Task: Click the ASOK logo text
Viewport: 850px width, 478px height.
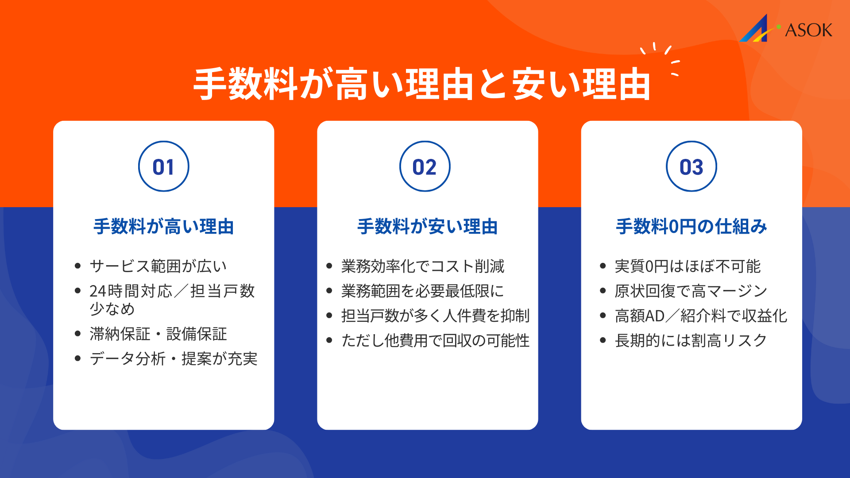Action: click(x=808, y=30)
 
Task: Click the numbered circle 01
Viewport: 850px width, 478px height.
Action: click(x=163, y=166)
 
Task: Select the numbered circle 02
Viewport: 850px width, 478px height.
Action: click(x=425, y=166)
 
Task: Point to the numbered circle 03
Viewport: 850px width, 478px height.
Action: click(x=691, y=166)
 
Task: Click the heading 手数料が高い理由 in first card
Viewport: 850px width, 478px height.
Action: click(x=163, y=227)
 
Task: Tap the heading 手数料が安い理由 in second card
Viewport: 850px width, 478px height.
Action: click(x=427, y=227)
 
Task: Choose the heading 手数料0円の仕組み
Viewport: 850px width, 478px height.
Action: click(x=691, y=227)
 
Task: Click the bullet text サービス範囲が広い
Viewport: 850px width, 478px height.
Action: click(x=158, y=266)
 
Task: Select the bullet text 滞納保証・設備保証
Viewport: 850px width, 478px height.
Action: click(x=158, y=334)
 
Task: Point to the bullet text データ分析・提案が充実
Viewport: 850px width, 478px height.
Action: click(x=173, y=358)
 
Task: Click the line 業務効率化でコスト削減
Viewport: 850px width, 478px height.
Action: click(x=422, y=266)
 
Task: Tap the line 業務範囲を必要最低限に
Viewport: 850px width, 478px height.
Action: click(x=422, y=291)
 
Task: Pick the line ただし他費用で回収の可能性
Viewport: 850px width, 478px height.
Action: click(x=435, y=340)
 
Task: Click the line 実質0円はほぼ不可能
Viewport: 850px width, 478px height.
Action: click(x=688, y=266)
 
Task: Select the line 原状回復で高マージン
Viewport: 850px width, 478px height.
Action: click(x=691, y=291)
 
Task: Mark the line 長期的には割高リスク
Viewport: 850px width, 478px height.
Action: click(x=691, y=340)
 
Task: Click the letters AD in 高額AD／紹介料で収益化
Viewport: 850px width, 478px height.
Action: click(x=655, y=316)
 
